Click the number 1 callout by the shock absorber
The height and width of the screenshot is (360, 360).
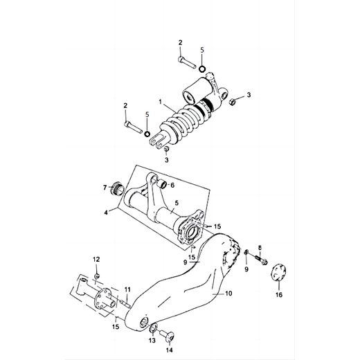pos(161,102)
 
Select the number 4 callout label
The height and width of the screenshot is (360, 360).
pos(106,213)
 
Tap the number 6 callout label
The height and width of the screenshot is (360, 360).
pos(172,186)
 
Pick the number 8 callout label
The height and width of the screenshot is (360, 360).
pos(260,247)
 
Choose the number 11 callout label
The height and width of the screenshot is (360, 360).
pos(127,289)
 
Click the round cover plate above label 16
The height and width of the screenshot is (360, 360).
pos(278,271)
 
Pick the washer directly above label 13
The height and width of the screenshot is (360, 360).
pos(153,326)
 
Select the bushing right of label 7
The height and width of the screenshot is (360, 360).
pos(117,188)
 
